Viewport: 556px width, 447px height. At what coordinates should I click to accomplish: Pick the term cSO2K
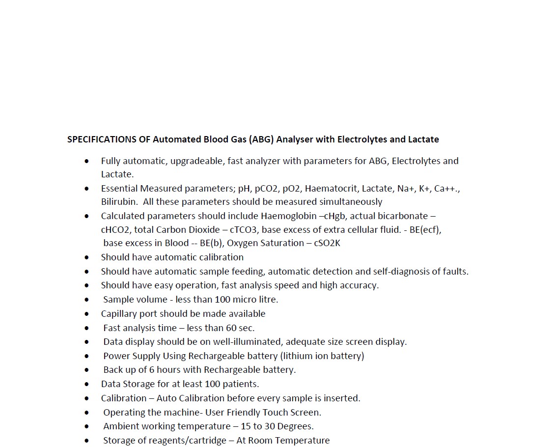(x=327, y=243)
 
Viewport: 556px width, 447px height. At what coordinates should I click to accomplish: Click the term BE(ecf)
(x=425, y=230)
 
